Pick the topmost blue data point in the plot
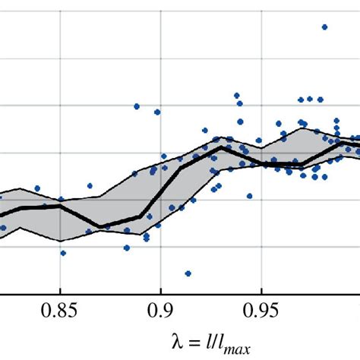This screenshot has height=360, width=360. pos(324,27)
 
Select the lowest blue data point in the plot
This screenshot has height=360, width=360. pos(188,273)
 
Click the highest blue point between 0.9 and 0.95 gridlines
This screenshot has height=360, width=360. pos(237,96)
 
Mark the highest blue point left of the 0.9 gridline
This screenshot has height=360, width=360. pos(137,106)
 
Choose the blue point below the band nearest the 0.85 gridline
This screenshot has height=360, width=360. pos(63,253)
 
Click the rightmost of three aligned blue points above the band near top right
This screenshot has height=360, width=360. pos(311,98)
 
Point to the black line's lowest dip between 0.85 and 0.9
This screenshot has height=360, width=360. pos(99,226)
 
